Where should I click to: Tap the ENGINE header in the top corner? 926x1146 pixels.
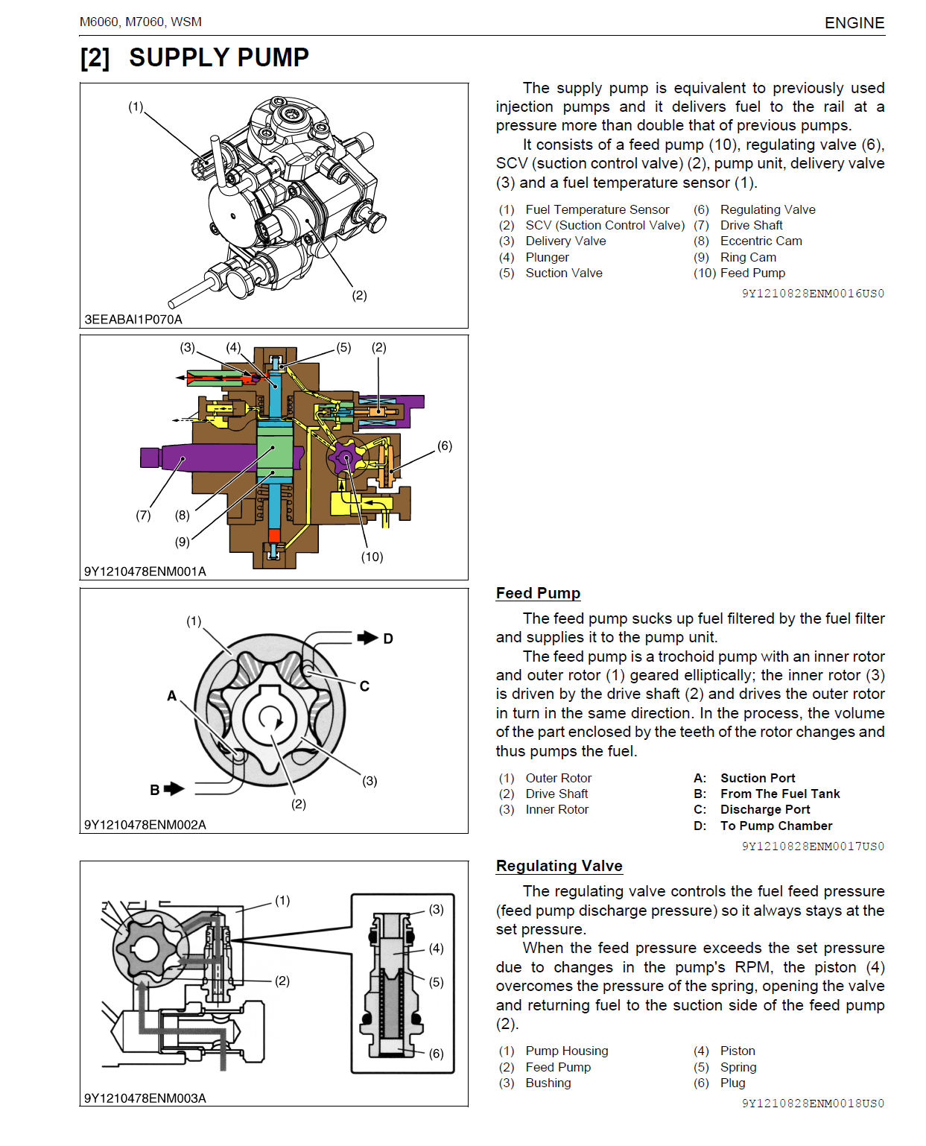click(x=854, y=23)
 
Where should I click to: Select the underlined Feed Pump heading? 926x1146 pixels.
click(x=538, y=593)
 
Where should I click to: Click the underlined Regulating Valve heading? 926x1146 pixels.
click(x=559, y=866)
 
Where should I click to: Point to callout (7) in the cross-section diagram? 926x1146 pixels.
click(x=143, y=515)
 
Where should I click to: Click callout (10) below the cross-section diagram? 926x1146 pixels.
click(x=372, y=557)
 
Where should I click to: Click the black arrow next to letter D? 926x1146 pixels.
click(x=367, y=638)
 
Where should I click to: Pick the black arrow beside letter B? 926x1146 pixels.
click(x=174, y=788)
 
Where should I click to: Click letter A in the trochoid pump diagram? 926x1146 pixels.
click(x=172, y=696)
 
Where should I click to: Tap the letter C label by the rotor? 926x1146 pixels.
click(x=364, y=686)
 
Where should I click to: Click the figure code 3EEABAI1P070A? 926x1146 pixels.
click(x=133, y=320)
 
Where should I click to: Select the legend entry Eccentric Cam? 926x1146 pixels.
click(x=761, y=241)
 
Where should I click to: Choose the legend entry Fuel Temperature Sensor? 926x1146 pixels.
click(x=597, y=210)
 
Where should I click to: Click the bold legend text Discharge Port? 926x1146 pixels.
click(x=765, y=810)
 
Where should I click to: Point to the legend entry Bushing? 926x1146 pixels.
click(x=548, y=1083)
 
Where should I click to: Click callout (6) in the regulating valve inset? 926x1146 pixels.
click(x=437, y=1054)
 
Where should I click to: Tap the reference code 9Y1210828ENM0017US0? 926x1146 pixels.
click(x=813, y=846)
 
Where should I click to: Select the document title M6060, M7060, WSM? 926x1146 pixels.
click(x=141, y=22)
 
